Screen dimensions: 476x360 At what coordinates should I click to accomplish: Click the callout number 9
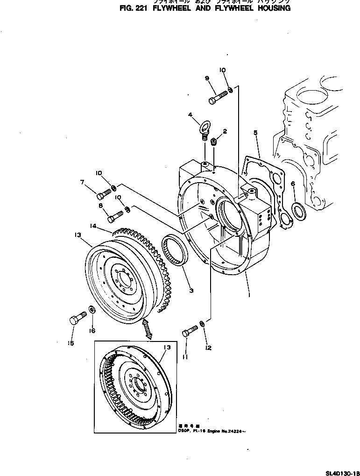point(207,78)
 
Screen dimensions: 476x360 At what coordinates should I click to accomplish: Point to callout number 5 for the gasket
point(255,133)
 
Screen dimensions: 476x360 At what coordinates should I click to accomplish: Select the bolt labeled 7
point(106,192)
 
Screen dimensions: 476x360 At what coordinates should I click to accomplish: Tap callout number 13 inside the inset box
point(167,348)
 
